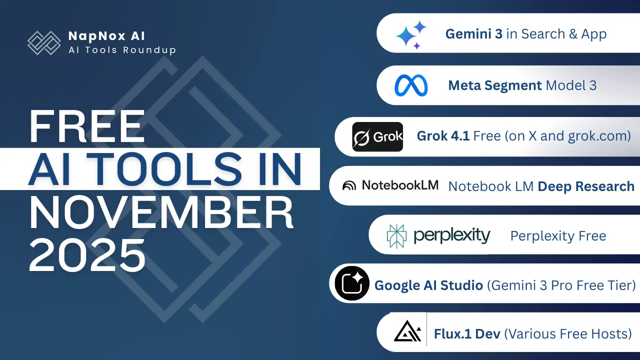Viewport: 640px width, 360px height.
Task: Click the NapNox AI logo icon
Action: [43, 42]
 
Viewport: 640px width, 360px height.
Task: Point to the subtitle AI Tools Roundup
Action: [122, 50]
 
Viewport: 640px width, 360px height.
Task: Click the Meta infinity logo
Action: [411, 85]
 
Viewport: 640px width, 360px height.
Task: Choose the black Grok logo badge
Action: [377, 136]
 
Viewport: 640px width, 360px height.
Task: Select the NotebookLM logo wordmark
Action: [390, 185]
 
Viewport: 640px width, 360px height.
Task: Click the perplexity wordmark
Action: [452, 235]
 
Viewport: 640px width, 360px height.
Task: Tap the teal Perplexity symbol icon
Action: [397, 236]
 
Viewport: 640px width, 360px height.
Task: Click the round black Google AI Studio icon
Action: [352, 283]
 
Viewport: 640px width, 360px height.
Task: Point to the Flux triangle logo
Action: [407, 332]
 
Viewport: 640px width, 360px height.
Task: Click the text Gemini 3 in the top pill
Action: [474, 34]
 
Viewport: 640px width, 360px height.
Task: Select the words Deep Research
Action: [586, 186]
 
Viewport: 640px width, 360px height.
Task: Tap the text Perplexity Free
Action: [558, 236]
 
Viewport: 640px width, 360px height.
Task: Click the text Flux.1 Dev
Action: [467, 333]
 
